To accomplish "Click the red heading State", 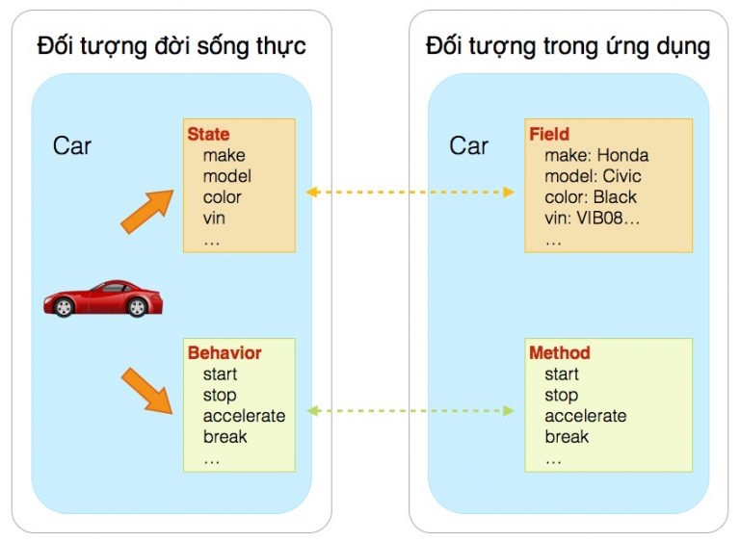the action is [208, 134].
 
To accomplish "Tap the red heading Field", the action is [549, 134].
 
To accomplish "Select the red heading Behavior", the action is [225, 353].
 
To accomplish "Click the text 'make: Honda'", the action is [596, 155].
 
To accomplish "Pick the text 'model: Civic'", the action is [593, 176].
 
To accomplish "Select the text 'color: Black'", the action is [591, 196].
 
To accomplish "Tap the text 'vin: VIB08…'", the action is [592, 218].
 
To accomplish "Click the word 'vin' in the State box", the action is [214, 218].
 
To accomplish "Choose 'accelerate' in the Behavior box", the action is [244, 416].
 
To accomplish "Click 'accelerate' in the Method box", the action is [586, 416].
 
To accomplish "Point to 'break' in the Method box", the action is [567, 436].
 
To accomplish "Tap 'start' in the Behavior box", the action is [220, 374].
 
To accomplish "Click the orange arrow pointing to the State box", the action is [147, 212].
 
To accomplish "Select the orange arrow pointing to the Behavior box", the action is [146, 391].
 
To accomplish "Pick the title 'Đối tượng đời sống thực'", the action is [172, 46].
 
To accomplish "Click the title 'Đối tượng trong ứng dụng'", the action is [568, 46].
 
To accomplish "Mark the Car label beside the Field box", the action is [468, 145].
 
